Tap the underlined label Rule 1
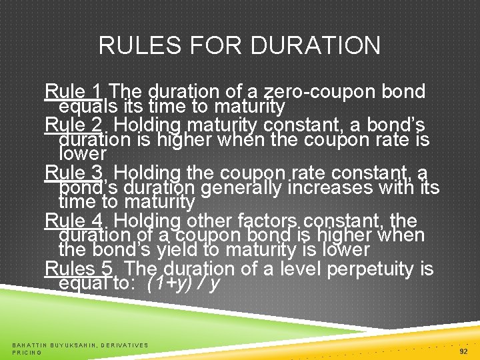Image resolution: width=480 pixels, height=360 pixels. (74, 91)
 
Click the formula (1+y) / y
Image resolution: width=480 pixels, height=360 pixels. (185, 283)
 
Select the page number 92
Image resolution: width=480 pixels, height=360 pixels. (464, 350)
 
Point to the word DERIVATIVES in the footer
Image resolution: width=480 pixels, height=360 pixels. (125, 345)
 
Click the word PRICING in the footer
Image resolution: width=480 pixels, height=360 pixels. (27, 353)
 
